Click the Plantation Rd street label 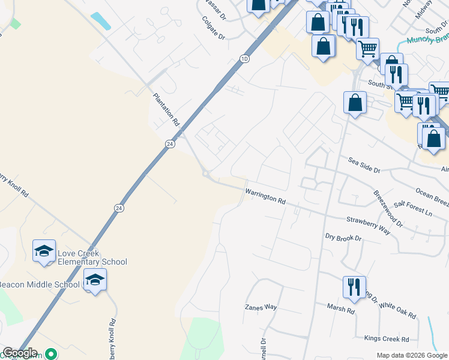166,109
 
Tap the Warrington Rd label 265,196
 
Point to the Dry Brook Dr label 343,238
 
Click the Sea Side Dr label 364,166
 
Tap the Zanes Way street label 261,307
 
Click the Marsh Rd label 341,309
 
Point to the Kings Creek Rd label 386,338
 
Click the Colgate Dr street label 212,28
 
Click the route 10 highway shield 244,59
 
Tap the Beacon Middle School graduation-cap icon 95,280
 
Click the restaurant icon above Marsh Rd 354,287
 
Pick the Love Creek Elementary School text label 92,257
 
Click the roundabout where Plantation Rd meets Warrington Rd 206,174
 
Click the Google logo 20,353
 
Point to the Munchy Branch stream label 428,40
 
